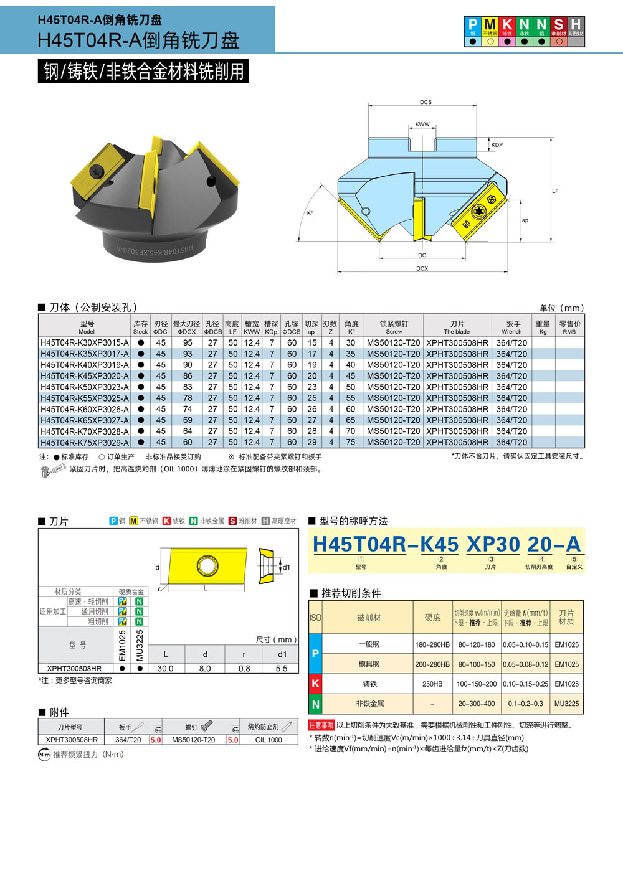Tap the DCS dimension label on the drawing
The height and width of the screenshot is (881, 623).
[x=426, y=102]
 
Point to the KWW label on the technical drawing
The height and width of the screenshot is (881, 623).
[x=422, y=125]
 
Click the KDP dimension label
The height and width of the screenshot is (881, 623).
[x=497, y=145]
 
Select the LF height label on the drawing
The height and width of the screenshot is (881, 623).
[x=555, y=191]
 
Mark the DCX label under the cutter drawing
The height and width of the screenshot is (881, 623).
[x=422, y=269]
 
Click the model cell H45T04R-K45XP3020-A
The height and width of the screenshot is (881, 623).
[x=85, y=376]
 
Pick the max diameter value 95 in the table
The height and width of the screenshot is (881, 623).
[x=188, y=343]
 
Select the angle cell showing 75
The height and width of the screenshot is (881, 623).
[x=351, y=443]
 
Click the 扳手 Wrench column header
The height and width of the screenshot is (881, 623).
[x=512, y=327]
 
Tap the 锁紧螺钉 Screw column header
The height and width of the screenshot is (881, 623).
[x=394, y=327]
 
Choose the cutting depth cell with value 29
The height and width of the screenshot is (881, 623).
[x=312, y=443]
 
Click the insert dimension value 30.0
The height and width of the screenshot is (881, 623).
[x=165, y=669]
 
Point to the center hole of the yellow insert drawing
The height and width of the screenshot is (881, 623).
[x=207, y=567]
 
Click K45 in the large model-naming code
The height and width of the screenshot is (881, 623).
[x=439, y=544]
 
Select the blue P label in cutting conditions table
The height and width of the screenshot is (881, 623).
[x=315, y=654]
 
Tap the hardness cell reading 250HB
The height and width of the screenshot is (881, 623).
[x=432, y=684]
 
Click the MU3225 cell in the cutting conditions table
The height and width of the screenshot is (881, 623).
[x=566, y=704]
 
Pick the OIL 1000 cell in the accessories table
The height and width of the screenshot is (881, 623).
[x=269, y=740]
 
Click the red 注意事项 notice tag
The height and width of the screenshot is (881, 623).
[x=321, y=725]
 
